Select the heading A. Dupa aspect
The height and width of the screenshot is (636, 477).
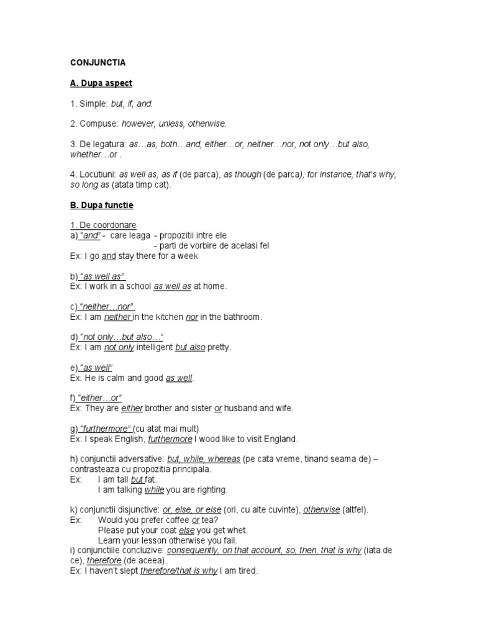pos(101,83)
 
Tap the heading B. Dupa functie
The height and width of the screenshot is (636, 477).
pos(101,204)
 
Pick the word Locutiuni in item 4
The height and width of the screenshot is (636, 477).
pos(96,175)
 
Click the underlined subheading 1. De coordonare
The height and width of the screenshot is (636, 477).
pos(102,225)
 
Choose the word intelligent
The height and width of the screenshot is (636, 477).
pos(154,347)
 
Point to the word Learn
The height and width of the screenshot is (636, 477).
pos(109,540)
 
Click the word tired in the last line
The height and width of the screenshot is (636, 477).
pos(246,571)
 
